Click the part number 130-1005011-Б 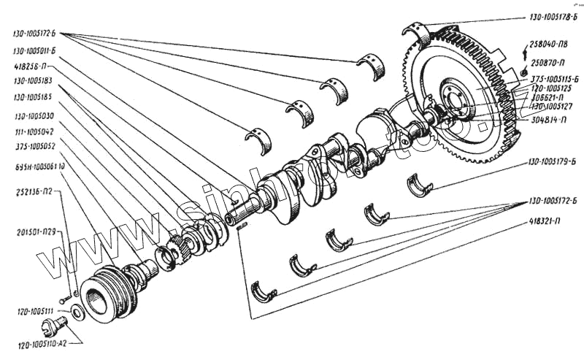tap(36, 51)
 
